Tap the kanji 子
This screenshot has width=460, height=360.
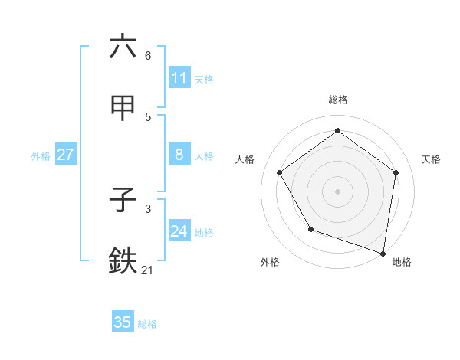point(123,201)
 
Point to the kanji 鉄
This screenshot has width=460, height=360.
point(123,261)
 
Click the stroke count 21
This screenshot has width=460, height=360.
point(148,270)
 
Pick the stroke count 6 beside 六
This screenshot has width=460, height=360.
point(148,55)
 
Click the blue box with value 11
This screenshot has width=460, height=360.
point(179,78)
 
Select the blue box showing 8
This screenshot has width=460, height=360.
point(179,155)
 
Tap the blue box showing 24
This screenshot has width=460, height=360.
point(179,231)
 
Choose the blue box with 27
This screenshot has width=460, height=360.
point(65,155)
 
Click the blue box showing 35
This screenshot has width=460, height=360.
point(123,322)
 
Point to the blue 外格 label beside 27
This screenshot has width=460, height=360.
point(41,155)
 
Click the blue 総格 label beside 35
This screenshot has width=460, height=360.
point(147,323)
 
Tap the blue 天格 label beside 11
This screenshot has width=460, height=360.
point(204,79)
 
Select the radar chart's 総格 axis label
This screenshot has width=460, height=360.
point(338,100)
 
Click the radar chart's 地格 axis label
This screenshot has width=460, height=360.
point(402,262)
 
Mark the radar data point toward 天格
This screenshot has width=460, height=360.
point(396,172)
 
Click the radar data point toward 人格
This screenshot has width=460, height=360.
point(280,172)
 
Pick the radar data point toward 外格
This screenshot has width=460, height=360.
point(310,229)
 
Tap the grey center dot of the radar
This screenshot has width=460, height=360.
point(338,191)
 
